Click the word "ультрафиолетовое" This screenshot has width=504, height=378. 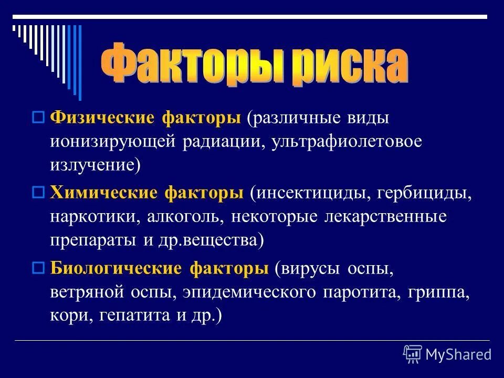(x=346, y=142)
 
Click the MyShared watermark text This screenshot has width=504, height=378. (x=458, y=354)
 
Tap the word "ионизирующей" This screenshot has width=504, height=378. (x=113, y=142)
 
